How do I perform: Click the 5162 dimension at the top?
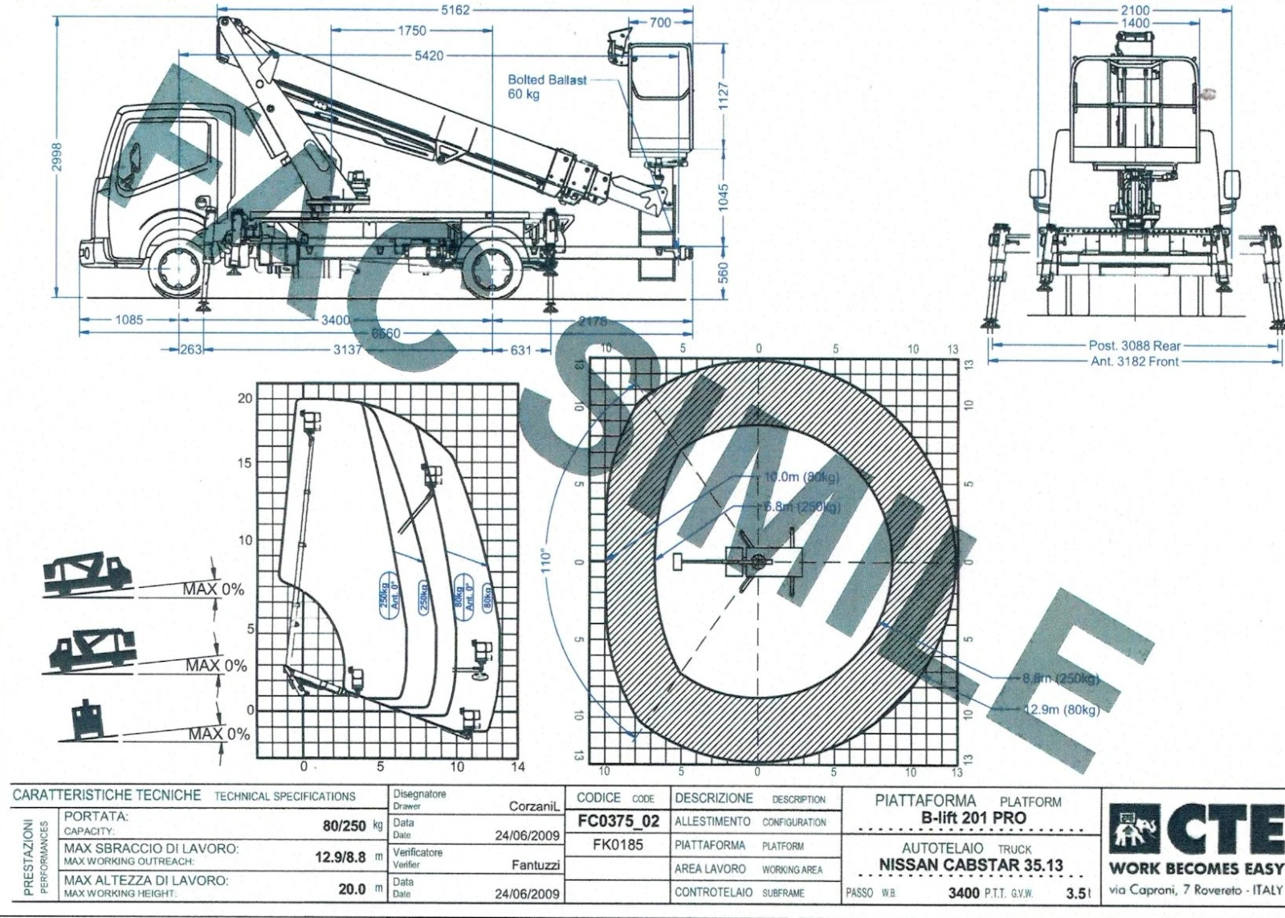(x=455, y=10)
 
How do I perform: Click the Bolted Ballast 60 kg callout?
(x=547, y=87)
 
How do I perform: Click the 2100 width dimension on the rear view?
(x=1135, y=10)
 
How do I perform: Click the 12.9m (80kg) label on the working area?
(x=1061, y=709)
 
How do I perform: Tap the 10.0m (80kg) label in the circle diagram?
(x=801, y=476)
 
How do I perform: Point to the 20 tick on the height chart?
(x=244, y=398)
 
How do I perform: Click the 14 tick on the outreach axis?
(x=518, y=767)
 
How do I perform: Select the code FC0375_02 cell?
(x=618, y=822)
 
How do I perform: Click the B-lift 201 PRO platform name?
(x=973, y=818)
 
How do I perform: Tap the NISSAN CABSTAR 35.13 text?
(x=970, y=866)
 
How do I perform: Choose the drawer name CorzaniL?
(x=533, y=806)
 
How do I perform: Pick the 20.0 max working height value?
(x=352, y=889)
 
